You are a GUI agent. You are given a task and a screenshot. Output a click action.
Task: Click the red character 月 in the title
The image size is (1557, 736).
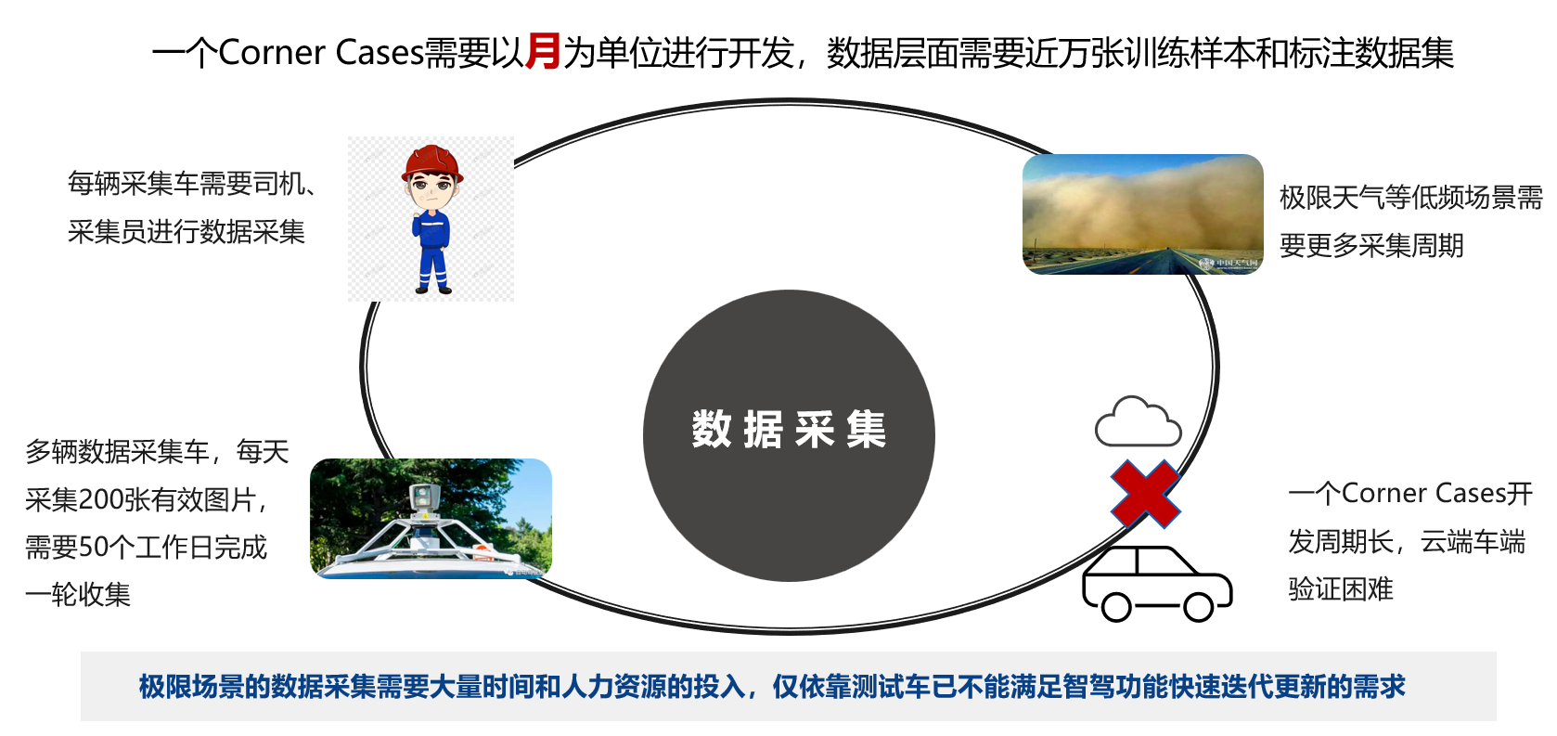click(542, 51)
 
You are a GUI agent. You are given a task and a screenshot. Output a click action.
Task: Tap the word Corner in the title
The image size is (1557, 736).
click(272, 52)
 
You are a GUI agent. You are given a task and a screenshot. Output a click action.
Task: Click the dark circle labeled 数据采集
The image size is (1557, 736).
click(789, 436)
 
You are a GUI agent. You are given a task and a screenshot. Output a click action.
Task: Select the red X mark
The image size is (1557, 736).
click(1145, 494)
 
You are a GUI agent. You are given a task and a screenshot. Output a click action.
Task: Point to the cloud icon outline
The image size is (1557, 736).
click(1138, 421)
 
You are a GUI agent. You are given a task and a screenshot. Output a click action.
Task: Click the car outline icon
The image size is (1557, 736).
click(1157, 584)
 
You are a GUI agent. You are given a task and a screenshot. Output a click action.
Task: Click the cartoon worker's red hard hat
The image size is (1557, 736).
click(432, 162)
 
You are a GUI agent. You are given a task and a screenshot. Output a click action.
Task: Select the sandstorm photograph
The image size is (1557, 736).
click(1143, 214)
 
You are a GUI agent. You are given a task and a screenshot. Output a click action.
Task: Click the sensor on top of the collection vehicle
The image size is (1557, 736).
click(424, 495)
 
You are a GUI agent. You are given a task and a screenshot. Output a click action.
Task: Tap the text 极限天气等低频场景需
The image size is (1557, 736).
click(1410, 198)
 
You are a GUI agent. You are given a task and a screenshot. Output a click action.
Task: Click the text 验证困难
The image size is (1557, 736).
click(1341, 589)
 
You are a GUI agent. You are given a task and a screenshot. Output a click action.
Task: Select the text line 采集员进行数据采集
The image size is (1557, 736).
click(187, 231)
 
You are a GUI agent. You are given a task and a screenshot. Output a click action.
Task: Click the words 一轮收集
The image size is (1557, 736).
click(78, 594)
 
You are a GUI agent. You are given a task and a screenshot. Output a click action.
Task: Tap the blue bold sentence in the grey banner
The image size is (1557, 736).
click(772, 687)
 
